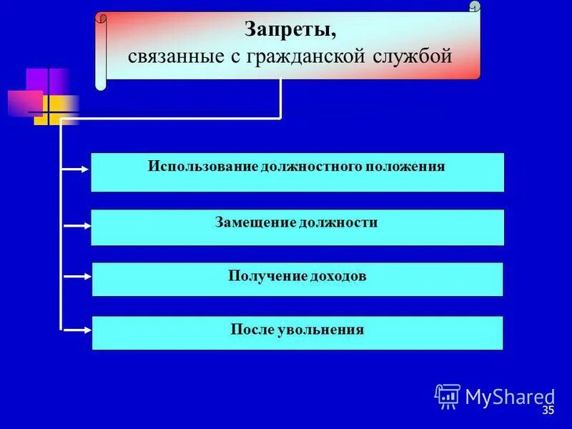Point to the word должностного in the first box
[312, 167]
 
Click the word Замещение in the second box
[255, 222]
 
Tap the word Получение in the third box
[267, 275]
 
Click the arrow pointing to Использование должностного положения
[76, 169]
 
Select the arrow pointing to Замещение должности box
[76, 225]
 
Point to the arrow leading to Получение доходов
[76, 277]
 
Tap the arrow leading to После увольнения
[76, 330]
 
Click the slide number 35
[548, 410]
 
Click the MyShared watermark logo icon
[448, 395]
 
